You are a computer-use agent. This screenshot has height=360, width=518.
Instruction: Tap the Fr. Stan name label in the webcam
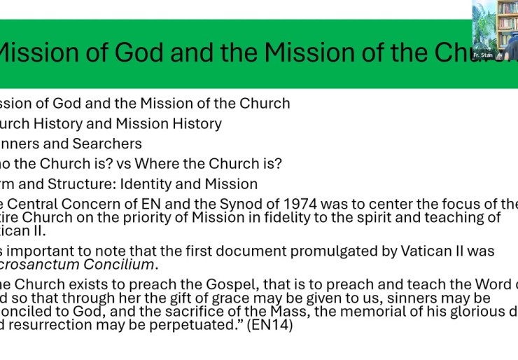point(482,54)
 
